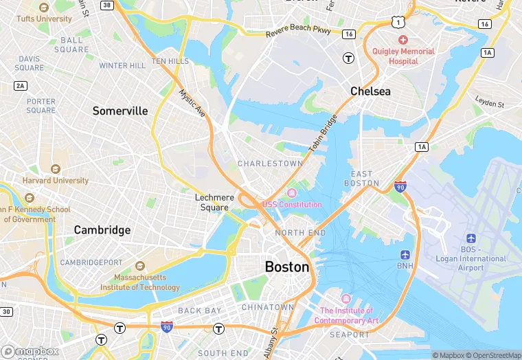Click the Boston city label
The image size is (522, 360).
[x=287, y=267]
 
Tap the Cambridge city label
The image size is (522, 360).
[x=102, y=229]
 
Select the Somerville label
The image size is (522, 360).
[x=120, y=111]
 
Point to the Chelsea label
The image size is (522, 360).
[x=370, y=91]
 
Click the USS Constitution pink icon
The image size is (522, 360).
[x=292, y=192]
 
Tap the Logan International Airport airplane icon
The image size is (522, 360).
[x=470, y=237]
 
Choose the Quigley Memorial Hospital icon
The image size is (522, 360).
[x=403, y=40]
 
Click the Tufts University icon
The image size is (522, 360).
[x=45, y=8]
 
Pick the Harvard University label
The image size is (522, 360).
[x=56, y=181]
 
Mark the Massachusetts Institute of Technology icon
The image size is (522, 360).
[x=140, y=266]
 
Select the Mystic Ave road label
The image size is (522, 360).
[x=192, y=102]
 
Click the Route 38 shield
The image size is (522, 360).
[x=106, y=5]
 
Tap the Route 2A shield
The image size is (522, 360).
[x=20, y=85]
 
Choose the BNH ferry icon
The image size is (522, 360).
[x=406, y=255]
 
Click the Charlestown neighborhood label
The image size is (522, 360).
[x=270, y=164]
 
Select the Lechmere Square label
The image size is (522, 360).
[x=214, y=202]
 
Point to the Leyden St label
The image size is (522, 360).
[x=490, y=103]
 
